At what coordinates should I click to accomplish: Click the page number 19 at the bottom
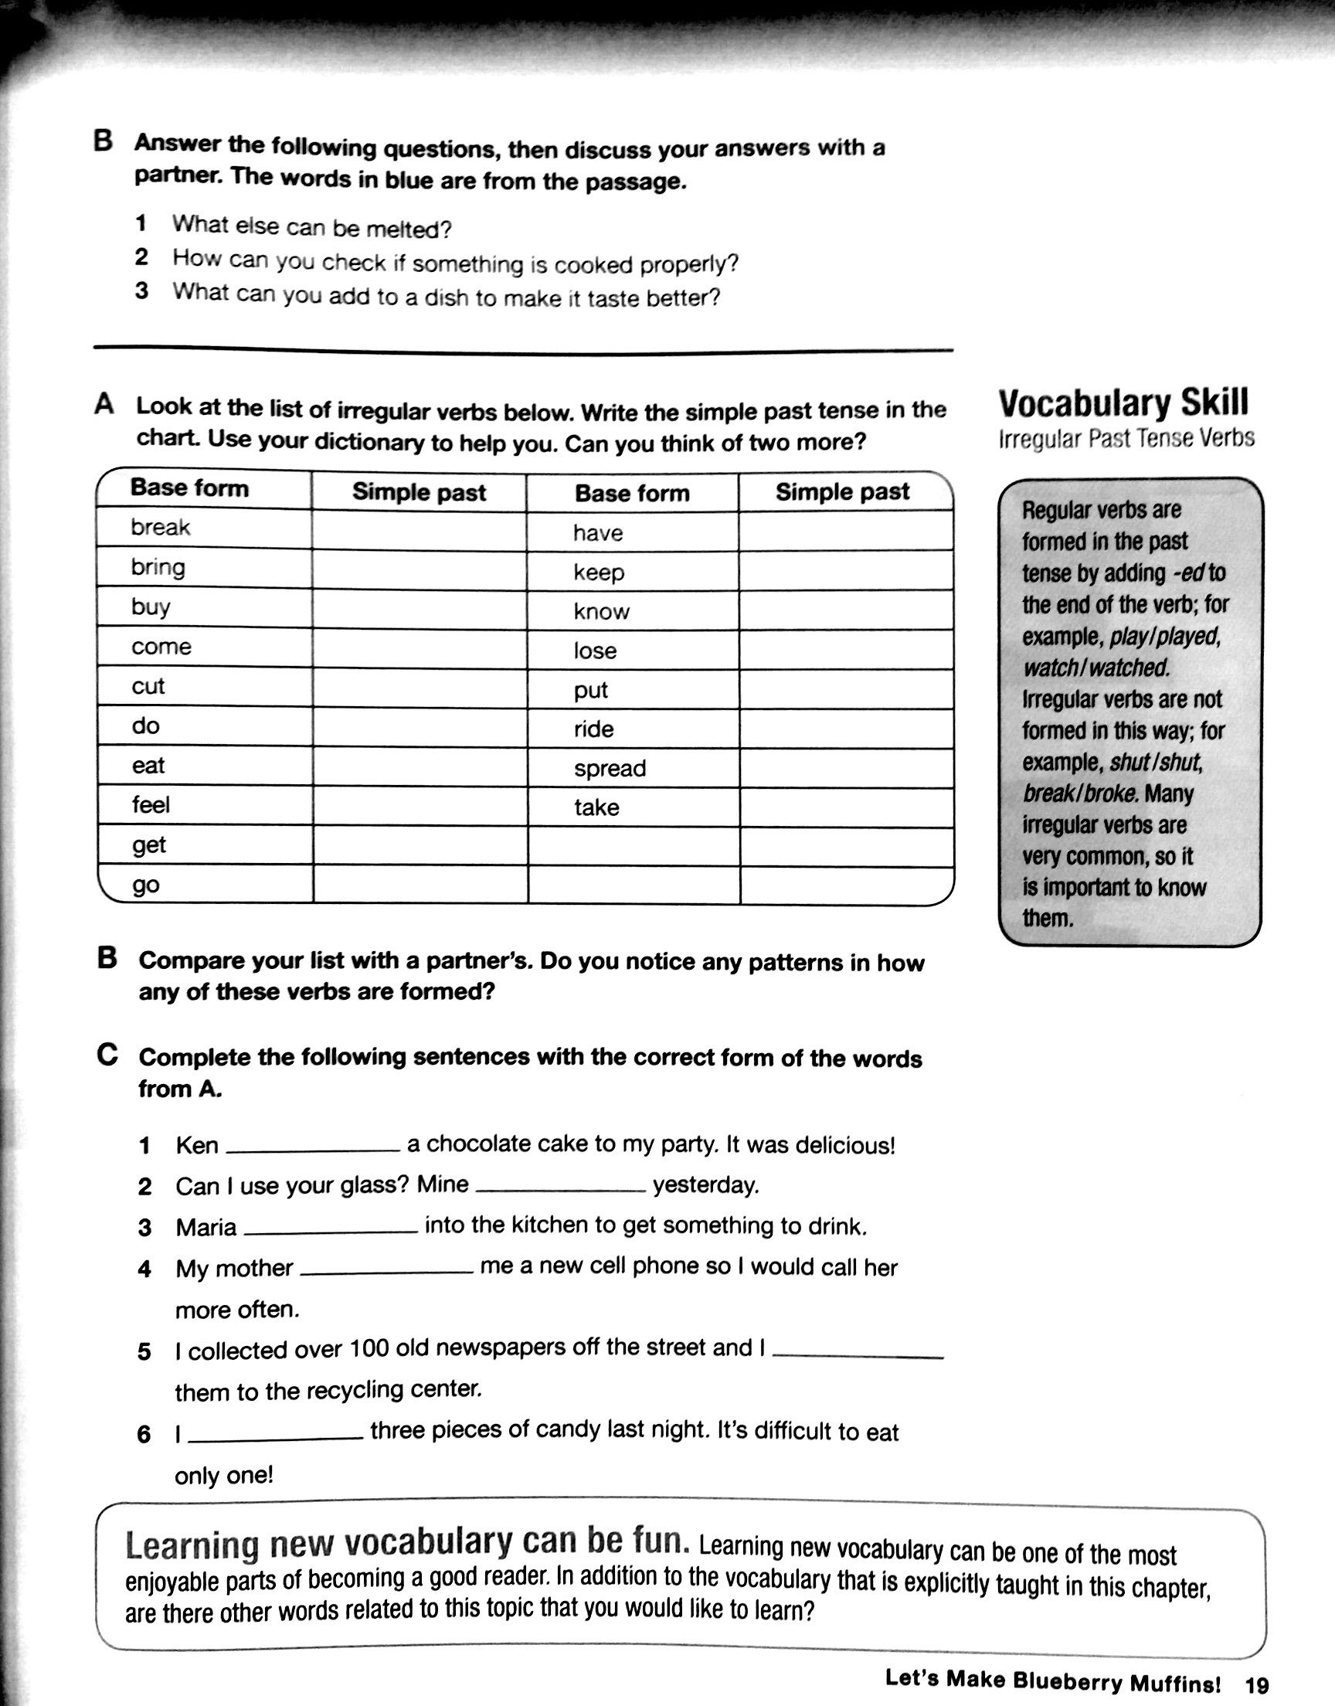(x=1257, y=1682)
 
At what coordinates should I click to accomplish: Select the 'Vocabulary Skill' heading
(x=1123, y=404)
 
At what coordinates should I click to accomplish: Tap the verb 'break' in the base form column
(x=160, y=528)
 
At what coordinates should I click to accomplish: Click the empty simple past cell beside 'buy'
(x=419, y=609)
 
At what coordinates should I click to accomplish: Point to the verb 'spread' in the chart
(x=610, y=768)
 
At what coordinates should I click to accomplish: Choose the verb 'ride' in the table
(x=593, y=729)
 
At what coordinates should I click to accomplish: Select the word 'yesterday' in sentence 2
(x=705, y=1185)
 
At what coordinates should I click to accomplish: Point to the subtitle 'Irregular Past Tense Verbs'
(x=1126, y=439)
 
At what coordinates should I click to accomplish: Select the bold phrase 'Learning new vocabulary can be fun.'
(x=406, y=1545)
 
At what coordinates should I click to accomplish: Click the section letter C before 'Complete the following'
(x=107, y=1055)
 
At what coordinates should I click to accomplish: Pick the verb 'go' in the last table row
(x=145, y=885)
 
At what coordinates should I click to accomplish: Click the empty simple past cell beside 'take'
(x=846, y=808)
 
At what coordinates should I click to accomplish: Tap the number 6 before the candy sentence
(x=144, y=1435)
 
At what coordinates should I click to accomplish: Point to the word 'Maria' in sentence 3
(x=206, y=1228)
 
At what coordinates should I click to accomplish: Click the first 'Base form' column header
(x=189, y=488)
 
